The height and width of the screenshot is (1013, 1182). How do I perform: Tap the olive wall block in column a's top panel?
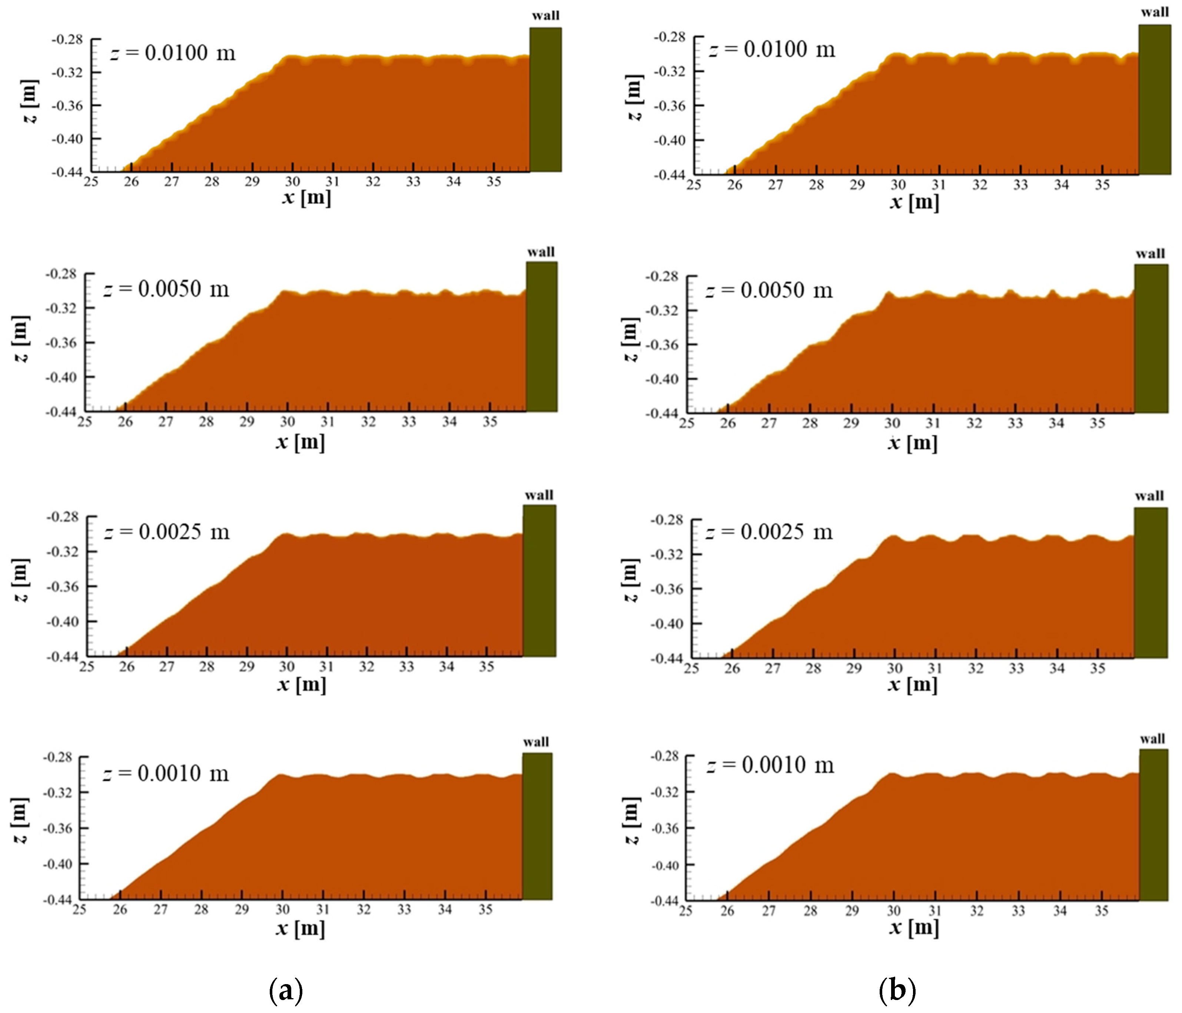coord(545,100)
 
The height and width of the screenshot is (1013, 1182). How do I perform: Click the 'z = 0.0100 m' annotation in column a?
coord(173,53)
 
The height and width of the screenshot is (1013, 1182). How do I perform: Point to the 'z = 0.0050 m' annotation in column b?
coord(769,290)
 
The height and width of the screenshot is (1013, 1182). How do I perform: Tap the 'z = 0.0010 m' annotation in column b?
coord(770,765)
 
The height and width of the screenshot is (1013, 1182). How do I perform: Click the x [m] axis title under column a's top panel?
coord(306,198)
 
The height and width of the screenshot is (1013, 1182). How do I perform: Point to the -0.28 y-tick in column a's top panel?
coord(67,39)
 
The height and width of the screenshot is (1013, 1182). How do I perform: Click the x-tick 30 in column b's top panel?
coord(898,185)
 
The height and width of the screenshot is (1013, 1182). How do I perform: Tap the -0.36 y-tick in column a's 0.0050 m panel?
coord(61,343)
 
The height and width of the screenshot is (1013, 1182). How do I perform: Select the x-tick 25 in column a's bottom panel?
coord(79,909)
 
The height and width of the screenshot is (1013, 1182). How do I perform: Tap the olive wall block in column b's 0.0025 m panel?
coord(1151,583)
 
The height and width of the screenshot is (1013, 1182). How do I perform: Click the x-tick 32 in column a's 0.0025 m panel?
coord(366,666)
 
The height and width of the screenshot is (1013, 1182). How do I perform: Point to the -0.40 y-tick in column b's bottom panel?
coord(665,865)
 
